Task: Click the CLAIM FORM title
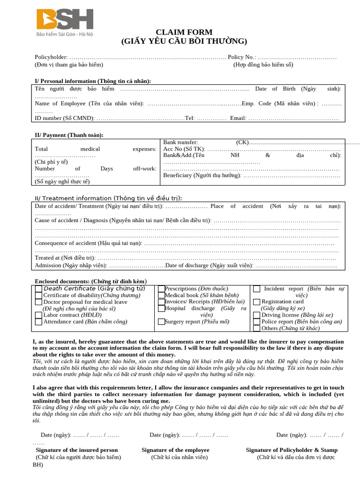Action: [x=184, y=32]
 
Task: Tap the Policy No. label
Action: [x=242, y=57]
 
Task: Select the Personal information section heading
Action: [x=93, y=81]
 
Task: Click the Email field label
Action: [x=238, y=118]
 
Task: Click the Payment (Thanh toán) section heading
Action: [x=69, y=135]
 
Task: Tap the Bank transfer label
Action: [x=180, y=142]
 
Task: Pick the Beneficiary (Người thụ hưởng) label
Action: [x=202, y=175]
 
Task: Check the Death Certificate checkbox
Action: [x=38, y=289]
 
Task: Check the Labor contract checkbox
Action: [x=38, y=315]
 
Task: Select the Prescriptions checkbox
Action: [x=161, y=289]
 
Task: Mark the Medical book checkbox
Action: [x=161, y=295]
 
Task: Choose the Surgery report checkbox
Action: [x=161, y=322]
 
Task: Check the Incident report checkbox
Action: [x=257, y=289]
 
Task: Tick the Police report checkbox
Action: [x=257, y=322]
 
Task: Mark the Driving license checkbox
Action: [x=257, y=315]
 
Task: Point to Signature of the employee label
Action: [x=175, y=450]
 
